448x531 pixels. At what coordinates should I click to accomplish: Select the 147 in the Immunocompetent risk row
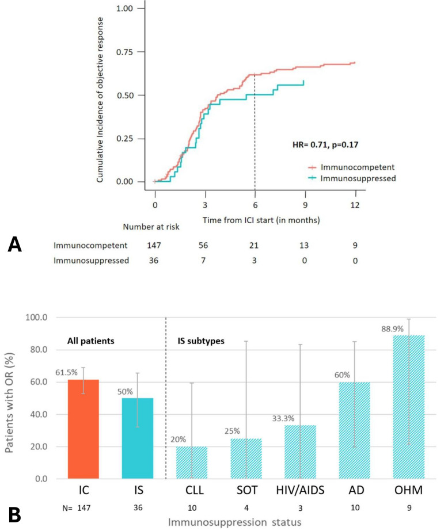coord(155,246)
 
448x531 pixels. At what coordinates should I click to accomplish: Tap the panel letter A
coord(14,246)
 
